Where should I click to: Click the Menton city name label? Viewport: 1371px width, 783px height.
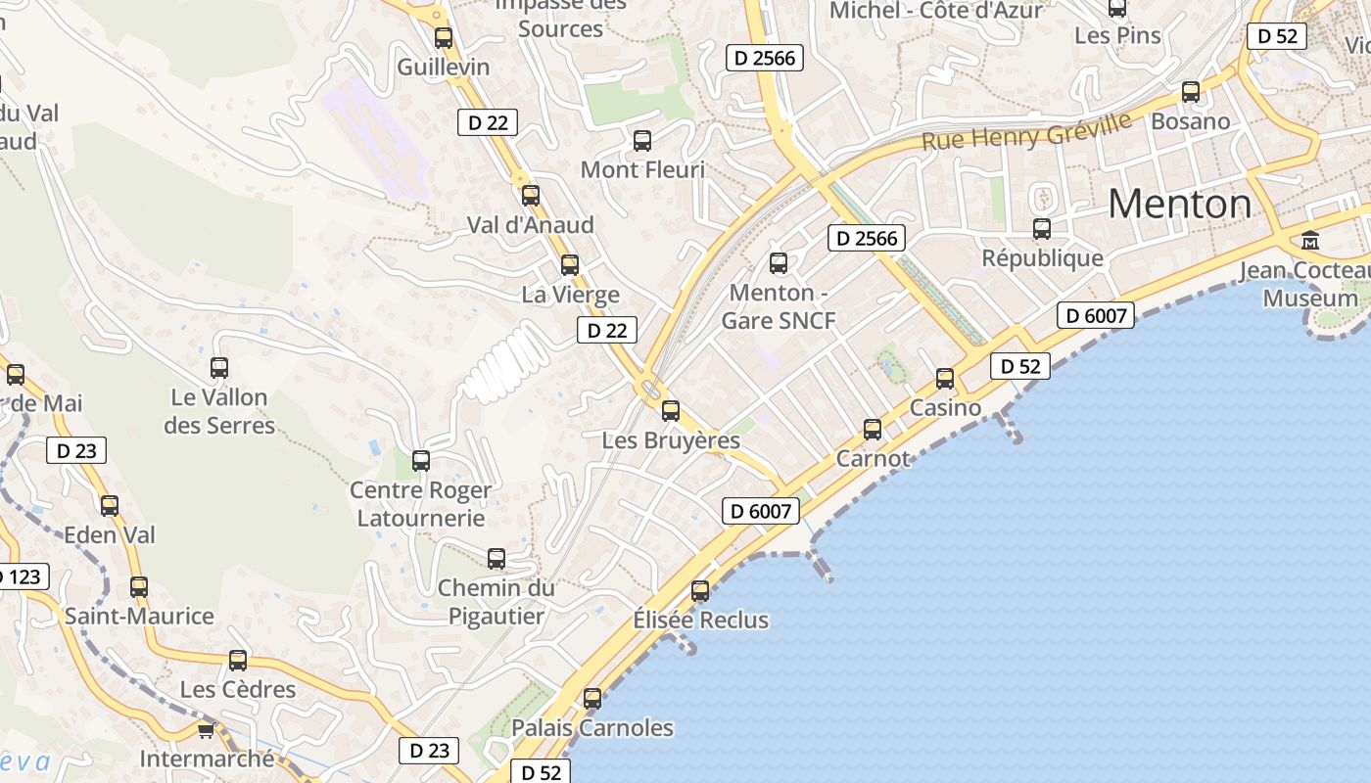(1180, 204)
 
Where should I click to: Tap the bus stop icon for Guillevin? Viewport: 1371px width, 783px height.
(444, 38)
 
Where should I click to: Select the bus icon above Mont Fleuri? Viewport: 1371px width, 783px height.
(642, 141)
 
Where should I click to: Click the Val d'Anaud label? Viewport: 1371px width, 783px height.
(530, 225)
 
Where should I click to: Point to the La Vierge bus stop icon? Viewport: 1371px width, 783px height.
(570, 265)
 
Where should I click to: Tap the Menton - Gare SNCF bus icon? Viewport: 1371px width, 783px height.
(779, 263)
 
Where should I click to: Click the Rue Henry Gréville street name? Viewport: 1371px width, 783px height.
(1026, 130)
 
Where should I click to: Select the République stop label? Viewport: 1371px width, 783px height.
(1042, 258)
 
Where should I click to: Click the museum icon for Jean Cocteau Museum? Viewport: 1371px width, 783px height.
(1310, 240)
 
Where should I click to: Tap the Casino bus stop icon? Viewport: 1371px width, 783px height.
(945, 379)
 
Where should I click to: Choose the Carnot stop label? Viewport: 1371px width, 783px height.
(873, 458)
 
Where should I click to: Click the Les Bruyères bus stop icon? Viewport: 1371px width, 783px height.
(671, 411)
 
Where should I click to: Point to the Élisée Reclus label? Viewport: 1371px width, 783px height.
(700, 620)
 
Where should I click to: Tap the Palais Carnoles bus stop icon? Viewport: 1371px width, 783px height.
(592, 699)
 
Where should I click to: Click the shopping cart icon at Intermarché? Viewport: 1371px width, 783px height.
(206, 730)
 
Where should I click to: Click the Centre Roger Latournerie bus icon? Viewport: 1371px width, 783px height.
(421, 461)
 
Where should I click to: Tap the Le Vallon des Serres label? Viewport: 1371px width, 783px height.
(219, 411)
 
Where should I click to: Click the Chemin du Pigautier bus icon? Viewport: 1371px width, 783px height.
(496, 559)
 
